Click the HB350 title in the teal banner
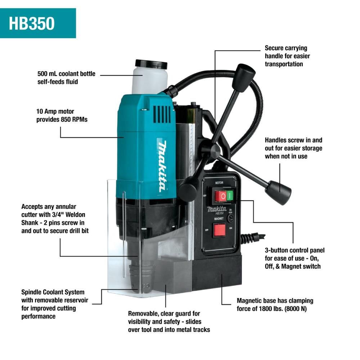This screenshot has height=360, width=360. point(32,23)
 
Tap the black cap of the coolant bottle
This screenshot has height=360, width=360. point(151,64)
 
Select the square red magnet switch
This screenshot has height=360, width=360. point(219,230)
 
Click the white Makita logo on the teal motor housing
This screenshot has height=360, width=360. point(163,166)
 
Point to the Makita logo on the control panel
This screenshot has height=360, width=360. point(217,209)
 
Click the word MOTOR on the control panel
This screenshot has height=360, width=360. point(219,183)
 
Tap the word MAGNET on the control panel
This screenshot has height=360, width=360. point(219,219)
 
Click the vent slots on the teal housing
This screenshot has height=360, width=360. point(162,114)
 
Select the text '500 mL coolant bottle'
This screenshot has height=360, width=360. point(66,74)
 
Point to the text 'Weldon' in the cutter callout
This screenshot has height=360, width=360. point(75,215)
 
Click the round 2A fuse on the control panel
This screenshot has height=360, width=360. point(230,218)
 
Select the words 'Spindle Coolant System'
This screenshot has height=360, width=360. point(53,292)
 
